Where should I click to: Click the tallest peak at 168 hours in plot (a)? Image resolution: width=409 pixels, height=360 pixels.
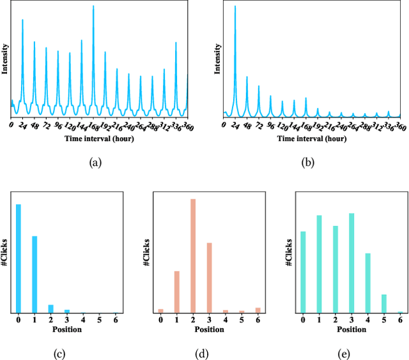coord(93,8)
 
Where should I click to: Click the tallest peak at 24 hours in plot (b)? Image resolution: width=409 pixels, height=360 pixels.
coord(235,8)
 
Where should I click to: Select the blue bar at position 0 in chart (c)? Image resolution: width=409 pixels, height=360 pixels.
coord(19,259)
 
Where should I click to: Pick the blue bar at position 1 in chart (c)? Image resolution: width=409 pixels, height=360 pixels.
coord(35,274)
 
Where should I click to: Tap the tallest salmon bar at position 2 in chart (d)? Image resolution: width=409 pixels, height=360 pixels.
coord(193,255)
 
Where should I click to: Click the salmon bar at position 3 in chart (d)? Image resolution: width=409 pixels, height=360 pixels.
coord(209,278)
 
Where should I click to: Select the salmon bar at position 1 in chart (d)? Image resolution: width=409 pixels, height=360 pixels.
coord(176,292)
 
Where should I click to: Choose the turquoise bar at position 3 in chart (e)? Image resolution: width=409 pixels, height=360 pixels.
coord(351,263)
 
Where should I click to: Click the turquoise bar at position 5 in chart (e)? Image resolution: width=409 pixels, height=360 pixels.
coord(384,303)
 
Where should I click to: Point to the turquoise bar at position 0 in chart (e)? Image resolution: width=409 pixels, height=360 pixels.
coord(303,272)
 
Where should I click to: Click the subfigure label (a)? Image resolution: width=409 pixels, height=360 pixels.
coord(95,163)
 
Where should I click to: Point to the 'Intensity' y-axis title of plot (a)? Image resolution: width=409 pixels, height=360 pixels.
coord(4,59)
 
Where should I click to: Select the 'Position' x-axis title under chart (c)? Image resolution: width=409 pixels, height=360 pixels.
coord(66,329)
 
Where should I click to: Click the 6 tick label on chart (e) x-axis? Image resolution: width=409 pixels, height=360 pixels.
coord(400,320)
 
